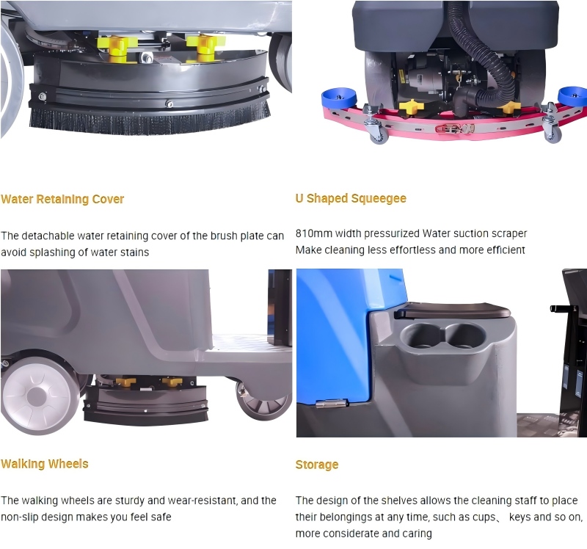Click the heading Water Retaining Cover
coord(62,199)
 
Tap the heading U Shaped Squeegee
coord(351,198)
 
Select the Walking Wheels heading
coord(45,464)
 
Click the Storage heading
coord(317,465)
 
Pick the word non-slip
coord(21,517)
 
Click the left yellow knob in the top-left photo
coord(114,45)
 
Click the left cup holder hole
coord(418,338)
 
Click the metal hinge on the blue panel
coord(331,402)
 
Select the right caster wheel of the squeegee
coord(552,134)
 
